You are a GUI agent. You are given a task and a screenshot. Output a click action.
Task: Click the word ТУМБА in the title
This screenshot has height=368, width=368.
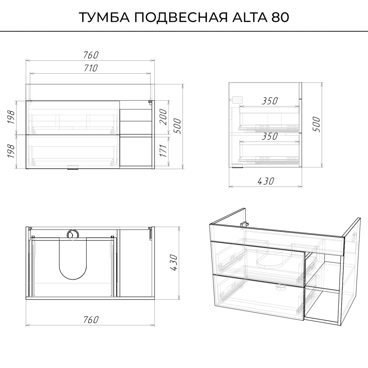tap(105, 17)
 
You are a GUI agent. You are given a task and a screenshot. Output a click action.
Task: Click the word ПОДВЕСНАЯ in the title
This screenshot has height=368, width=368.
tap(181, 17)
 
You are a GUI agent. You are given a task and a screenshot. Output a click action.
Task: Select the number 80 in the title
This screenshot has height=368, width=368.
tap(280, 17)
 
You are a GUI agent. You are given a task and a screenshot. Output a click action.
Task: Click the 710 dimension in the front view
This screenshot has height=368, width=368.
tap(91, 68)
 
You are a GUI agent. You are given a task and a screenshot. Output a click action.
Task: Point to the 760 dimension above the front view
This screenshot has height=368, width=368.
tap(91, 55)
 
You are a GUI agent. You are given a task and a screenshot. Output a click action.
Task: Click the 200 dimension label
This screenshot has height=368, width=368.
tap(163, 117)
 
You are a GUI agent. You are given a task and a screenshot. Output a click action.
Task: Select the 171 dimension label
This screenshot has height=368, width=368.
tap(163, 150)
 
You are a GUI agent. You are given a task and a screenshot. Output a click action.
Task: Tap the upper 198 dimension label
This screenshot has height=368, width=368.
tap(11, 117)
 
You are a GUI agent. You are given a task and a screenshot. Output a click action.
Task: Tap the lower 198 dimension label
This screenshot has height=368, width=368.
tap(11, 151)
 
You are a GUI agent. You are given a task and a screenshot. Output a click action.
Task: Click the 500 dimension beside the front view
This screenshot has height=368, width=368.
tap(177, 126)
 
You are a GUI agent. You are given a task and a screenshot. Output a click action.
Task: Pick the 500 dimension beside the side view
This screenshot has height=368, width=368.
tap(316, 124)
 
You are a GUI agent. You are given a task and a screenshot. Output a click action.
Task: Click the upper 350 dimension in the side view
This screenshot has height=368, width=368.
tap(270, 101)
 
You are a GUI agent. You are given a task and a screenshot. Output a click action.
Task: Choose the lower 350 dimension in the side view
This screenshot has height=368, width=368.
tap(270, 136)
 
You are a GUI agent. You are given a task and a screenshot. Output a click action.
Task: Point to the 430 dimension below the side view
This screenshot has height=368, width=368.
tap(266, 181)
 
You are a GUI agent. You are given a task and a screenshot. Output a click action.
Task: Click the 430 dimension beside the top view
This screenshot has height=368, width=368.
tap(174, 262)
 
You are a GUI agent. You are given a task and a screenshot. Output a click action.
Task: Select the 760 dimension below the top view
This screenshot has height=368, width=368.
tap(91, 320)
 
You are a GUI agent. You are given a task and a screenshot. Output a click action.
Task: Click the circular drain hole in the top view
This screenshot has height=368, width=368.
tap(72, 234)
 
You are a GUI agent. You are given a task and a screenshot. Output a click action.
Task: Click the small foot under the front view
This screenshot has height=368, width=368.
tap(72, 167)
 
